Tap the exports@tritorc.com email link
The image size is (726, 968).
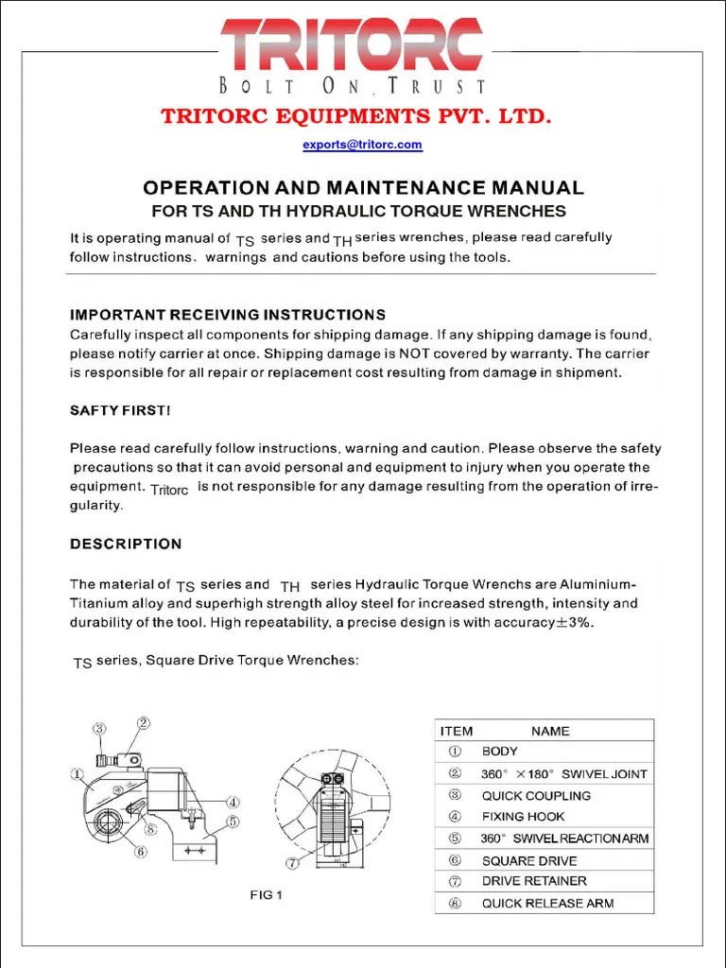[362, 145]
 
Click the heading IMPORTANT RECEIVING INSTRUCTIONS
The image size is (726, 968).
[228, 314]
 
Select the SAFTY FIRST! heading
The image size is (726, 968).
[120, 410]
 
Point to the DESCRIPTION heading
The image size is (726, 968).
[126, 544]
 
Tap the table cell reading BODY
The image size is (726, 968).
[499, 752]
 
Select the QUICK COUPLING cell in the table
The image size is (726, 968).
[536, 796]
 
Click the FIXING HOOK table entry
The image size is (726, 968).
[523, 817]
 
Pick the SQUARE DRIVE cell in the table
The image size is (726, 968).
[528, 860]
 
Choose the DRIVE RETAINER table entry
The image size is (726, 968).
[534, 881]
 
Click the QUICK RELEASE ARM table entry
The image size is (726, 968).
[547, 903]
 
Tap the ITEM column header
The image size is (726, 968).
[457, 731]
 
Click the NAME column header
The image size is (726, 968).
[550, 731]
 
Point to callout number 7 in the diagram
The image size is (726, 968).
[293, 862]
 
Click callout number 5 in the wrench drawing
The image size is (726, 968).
[232, 821]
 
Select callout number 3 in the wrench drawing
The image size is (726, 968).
[99, 728]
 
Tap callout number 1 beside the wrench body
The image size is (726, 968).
[75, 772]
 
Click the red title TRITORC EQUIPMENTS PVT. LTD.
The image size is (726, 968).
[355, 116]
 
